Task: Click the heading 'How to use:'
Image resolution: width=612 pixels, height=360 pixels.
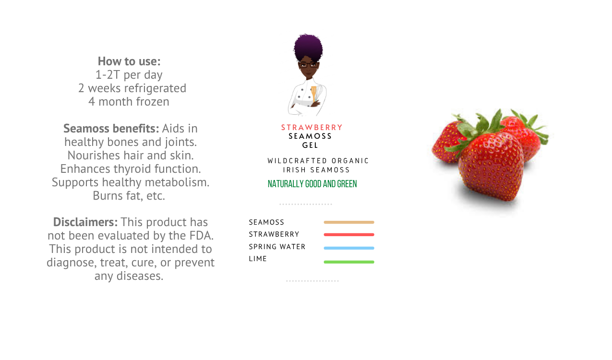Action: click(129, 61)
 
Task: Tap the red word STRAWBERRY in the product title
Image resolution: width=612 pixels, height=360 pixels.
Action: click(312, 127)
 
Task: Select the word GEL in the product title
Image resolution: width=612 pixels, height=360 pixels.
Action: click(310, 145)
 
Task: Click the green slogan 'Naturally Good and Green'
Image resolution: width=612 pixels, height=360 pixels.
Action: click(312, 184)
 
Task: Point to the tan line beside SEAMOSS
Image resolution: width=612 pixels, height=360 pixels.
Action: click(349, 222)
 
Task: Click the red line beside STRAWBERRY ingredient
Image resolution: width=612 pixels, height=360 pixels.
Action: click(349, 235)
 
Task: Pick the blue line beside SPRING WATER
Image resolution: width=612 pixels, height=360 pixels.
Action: click(349, 248)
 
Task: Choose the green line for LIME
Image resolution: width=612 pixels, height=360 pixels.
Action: click(349, 262)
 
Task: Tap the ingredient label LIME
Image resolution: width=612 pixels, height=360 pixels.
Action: click(258, 259)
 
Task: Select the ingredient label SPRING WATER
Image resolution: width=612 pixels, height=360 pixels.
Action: click(277, 247)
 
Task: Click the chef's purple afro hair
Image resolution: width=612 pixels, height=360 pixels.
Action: click(308, 47)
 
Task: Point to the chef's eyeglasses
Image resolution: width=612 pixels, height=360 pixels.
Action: click(309, 65)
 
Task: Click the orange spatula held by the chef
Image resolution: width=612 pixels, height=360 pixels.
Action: click(313, 93)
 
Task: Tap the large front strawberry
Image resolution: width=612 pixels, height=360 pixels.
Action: click(491, 167)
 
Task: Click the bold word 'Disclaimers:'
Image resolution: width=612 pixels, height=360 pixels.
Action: click(85, 222)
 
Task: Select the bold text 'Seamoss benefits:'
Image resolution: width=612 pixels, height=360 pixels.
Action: click(111, 128)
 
